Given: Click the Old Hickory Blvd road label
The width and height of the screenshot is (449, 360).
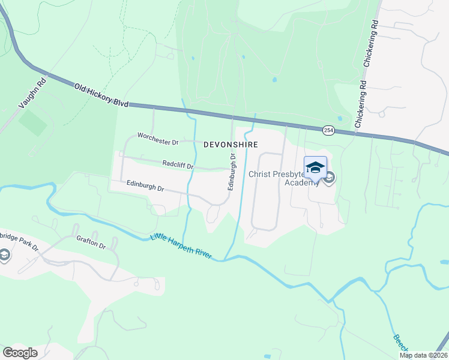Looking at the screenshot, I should pos(101,95).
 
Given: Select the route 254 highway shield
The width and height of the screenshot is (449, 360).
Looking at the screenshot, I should pos(328,130).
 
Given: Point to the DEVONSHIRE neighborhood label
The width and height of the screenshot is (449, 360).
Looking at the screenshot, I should pos(231,145).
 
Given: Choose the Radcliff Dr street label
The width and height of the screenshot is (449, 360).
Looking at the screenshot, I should pos(178,164).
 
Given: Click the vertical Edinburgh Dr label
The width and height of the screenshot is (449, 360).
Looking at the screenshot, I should pos(231,171).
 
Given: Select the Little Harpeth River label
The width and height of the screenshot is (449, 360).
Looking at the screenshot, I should pos(181,247).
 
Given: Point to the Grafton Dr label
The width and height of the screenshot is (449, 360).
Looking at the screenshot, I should pos(91,245).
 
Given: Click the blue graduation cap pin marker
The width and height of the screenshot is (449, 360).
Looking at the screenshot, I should pos(315,167).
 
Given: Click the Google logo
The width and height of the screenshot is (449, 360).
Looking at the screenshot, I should pos(20,353).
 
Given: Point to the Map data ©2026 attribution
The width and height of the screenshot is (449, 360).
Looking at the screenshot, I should pos(424,355).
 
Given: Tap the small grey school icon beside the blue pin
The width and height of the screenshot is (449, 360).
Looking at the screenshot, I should pos(330,178).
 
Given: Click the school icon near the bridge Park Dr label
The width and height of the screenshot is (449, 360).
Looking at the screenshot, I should pos(5,256).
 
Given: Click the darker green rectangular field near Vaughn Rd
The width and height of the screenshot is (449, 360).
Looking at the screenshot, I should pos(33,122).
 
